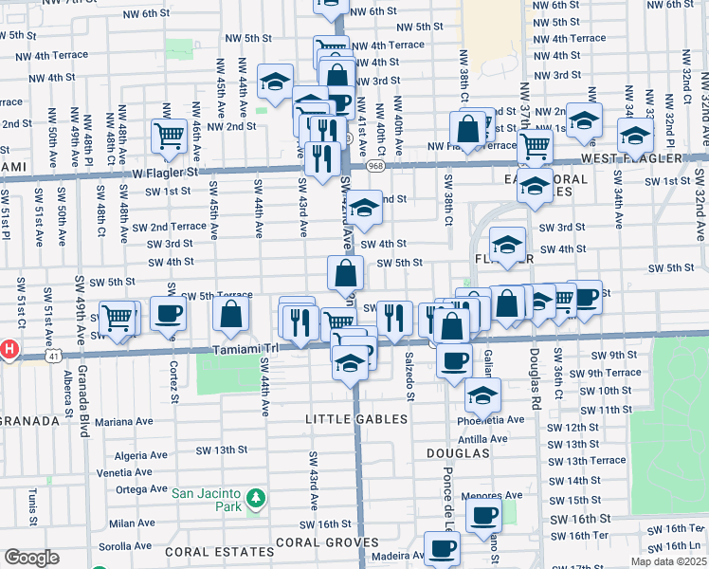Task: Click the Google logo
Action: pyautogui.click(x=31, y=558)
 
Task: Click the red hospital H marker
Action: pyautogui.click(x=9, y=349)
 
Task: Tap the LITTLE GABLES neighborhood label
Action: pyautogui.click(x=356, y=418)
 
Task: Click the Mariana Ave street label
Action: pyautogui.click(x=123, y=421)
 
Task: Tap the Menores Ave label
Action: pyautogui.click(x=492, y=495)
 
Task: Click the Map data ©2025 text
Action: pyautogui.click(x=667, y=561)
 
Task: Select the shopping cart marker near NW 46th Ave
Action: pyautogui.click(x=169, y=135)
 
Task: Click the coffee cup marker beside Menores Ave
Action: pyautogui.click(x=484, y=516)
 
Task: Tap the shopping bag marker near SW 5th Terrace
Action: pyautogui.click(x=231, y=315)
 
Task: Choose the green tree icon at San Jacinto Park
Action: pyautogui.click(x=254, y=498)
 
